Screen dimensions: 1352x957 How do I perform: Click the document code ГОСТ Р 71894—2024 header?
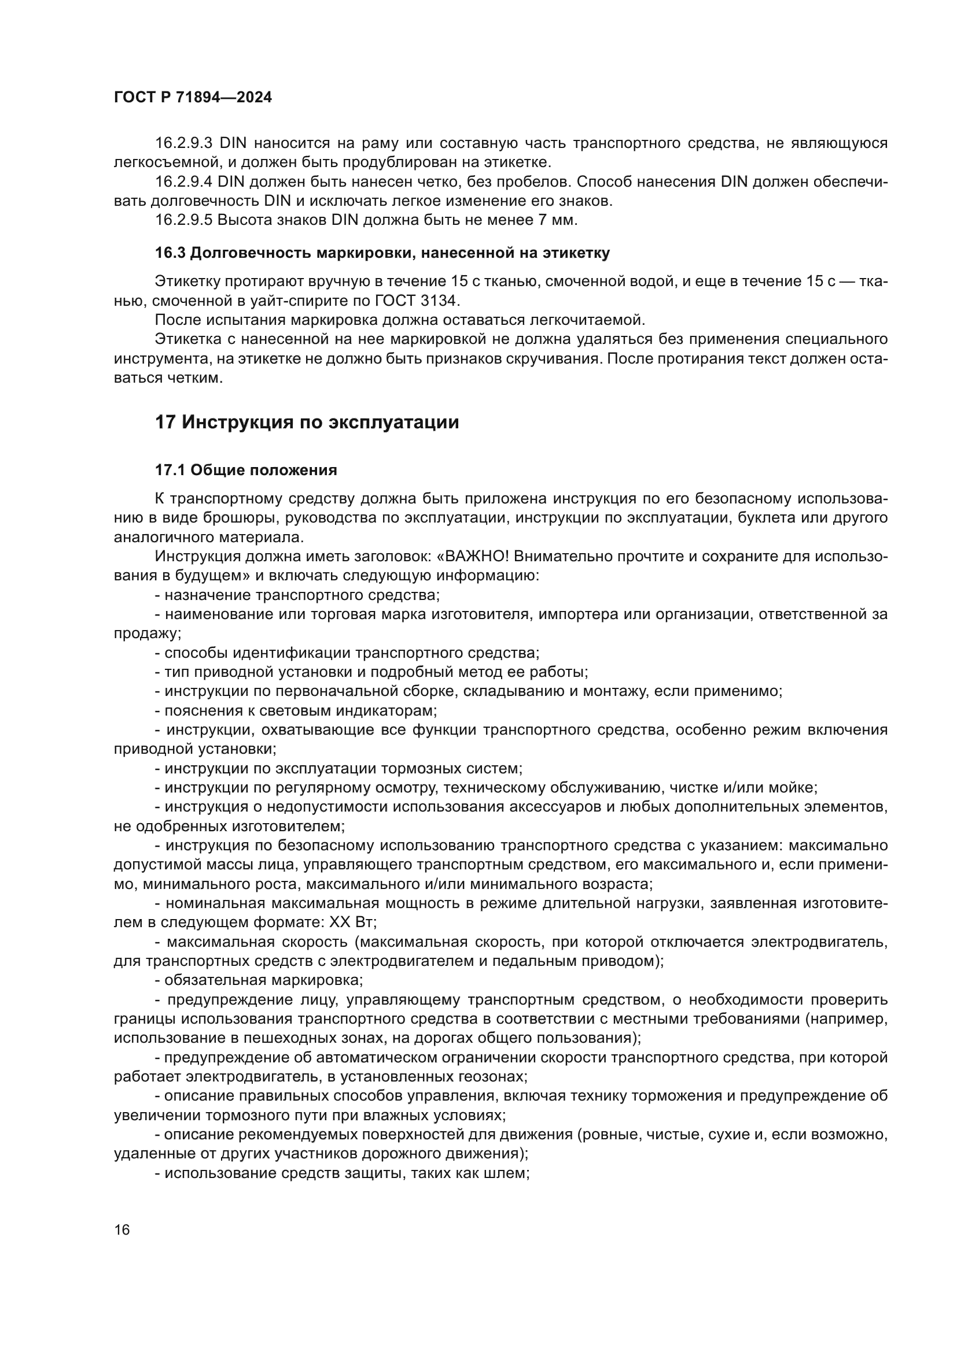tap(193, 98)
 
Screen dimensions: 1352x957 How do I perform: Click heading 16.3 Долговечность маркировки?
tap(382, 253)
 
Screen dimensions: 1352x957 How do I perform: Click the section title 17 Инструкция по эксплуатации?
tap(307, 422)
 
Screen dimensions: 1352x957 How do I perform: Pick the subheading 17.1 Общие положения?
tap(246, 470)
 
